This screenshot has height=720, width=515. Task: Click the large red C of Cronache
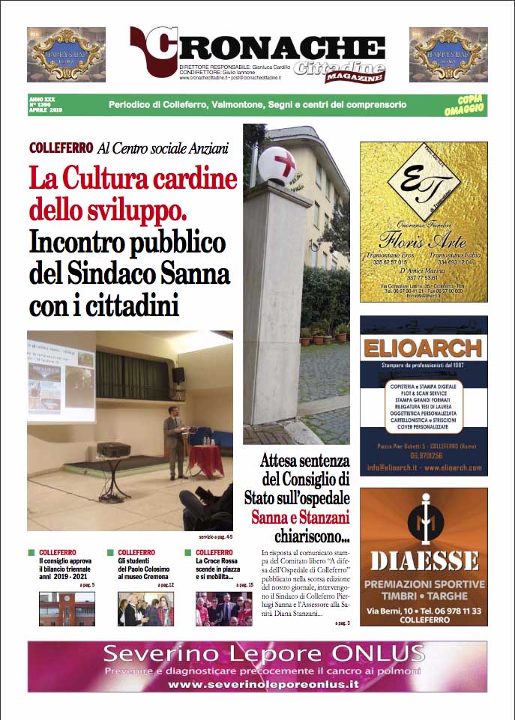click(x=154, y=53)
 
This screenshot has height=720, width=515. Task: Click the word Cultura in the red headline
click(x=118, y=181)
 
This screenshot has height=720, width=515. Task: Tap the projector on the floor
click(x=114, y=450)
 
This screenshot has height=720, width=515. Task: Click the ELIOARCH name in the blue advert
click(x=423, y=348)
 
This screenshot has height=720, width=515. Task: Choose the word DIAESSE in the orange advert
click(x=424, y=560)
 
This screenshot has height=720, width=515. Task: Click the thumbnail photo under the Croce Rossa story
click(x=224, y=608)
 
